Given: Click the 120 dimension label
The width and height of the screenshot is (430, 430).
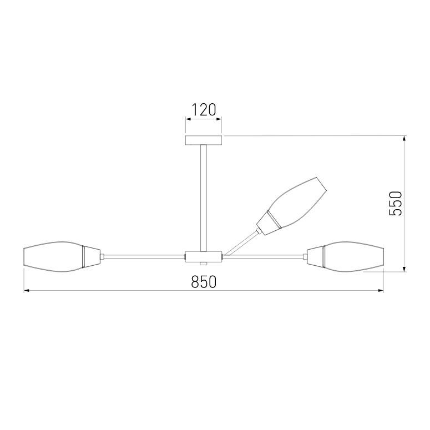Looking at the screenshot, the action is coord(204,110).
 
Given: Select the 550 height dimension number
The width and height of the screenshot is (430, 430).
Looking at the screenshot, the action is coord(396,204).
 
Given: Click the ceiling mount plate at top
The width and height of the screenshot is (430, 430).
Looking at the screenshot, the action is coord(204,140).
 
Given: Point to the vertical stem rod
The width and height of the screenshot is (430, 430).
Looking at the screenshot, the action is coord(204,198).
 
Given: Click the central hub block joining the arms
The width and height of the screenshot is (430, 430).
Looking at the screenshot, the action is coord(204,257).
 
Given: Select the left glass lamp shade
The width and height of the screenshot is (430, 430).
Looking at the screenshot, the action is coord(53,257).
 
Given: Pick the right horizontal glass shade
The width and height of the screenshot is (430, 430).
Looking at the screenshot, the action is coord(353,257).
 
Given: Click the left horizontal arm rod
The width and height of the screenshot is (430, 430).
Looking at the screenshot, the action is coord(144,257).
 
